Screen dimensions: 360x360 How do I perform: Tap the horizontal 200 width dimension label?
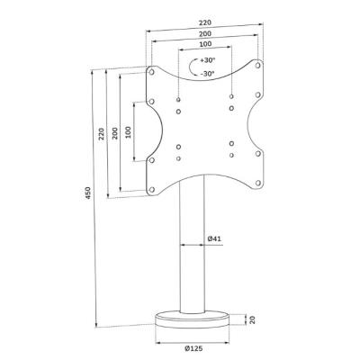pyautogui.click(x=205, y=35)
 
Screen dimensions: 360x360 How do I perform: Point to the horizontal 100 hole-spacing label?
pyautogui.click(x=205, y=46)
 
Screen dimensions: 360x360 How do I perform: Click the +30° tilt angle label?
pyautogui.click(x=208, y=62)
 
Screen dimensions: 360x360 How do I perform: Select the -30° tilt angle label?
pyautogui.click(x=208, y=73)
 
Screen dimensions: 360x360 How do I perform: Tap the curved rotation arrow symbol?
pyautogui.click(x=193, y=67)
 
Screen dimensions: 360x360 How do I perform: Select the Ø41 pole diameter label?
pyautogui.click(x=214, y=238)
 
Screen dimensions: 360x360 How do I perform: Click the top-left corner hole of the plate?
pyautogui.click(x=151, y=71)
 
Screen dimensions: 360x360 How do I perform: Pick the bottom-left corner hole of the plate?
pyautogui.click(x=151, y=189)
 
